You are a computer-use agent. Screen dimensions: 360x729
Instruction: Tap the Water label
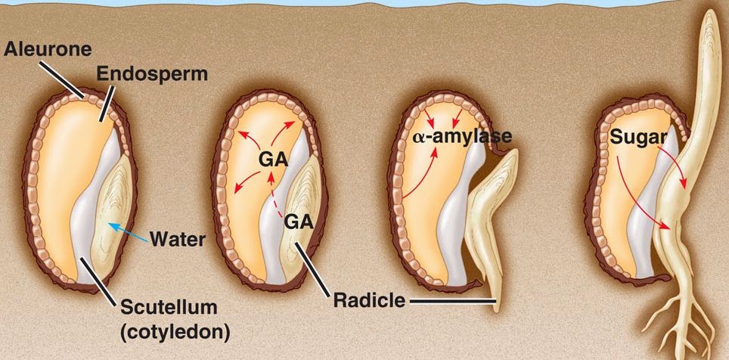178,240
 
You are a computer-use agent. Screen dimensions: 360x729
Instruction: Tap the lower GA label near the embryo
296,221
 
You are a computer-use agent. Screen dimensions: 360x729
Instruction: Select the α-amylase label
463,137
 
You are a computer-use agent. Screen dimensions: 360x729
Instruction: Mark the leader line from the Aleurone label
64,79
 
